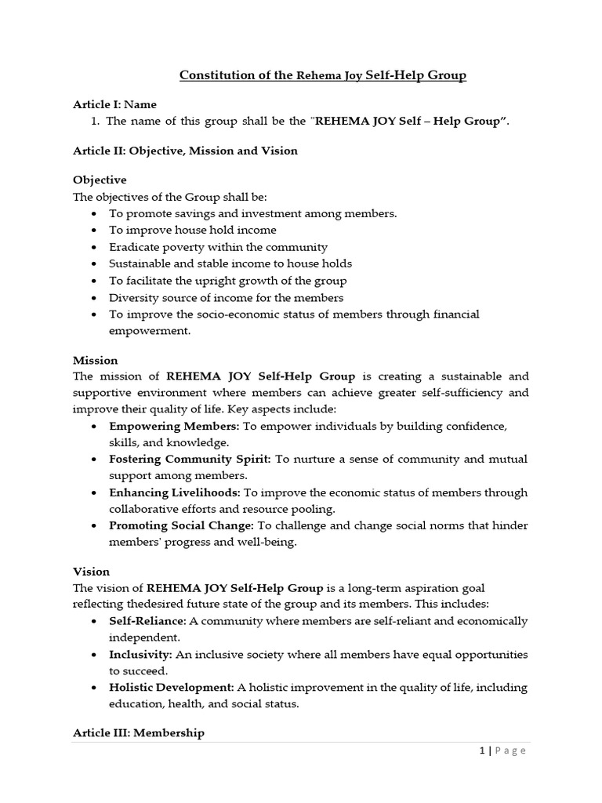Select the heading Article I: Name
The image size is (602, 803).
point(114,104)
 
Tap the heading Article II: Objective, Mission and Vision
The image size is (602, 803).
point(185,151)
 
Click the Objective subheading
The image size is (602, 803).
point(100,180)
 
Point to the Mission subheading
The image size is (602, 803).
point(96,360)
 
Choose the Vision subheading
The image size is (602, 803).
point(91,572)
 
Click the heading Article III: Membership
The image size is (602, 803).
point(139,732)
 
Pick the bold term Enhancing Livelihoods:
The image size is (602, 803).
point(175,492)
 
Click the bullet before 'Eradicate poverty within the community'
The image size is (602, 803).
point(94,247)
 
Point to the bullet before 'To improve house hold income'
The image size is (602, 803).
point(94,231)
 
